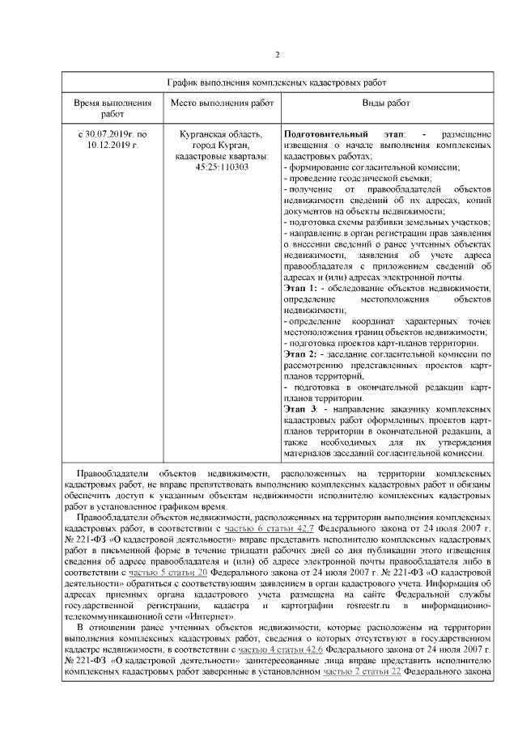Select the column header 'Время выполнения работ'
click(x=113, y=108)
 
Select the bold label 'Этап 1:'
click(x=300, y=288)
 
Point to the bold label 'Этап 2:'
click(x=300, y=354)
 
